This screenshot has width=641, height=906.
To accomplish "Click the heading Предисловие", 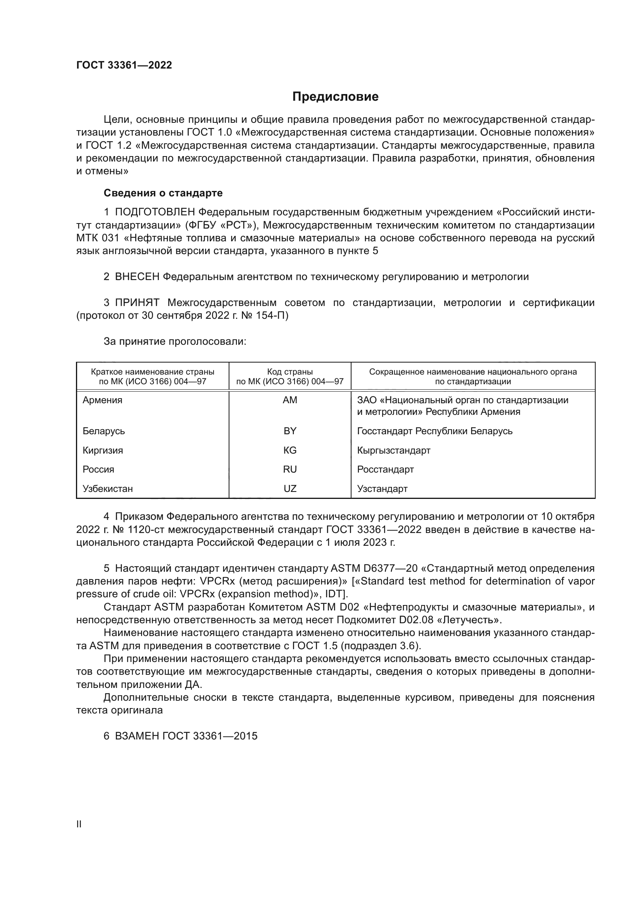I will [335, 97].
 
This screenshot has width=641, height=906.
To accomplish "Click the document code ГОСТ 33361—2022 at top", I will [124, 65].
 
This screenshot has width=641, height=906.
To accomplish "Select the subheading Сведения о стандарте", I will [163, 193].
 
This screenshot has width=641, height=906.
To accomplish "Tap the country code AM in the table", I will [290, 400].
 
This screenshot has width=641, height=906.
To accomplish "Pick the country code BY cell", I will [290, 431].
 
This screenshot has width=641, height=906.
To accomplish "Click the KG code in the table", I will [290, 450].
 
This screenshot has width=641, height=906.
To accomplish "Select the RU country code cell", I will [290, 469].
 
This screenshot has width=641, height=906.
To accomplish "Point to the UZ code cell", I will [290, 488].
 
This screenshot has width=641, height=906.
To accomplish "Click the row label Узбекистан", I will [107, 488].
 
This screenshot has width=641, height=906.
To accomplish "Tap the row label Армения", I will [102, 400].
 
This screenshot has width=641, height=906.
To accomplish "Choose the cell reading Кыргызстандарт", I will [393, 450].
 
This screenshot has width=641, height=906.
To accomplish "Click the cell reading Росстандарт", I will [385, 469].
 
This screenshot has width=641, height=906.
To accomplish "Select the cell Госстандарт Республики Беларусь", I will [434, 431].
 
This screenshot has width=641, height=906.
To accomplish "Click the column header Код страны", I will [290, 372].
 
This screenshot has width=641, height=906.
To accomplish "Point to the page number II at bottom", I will [79, 824].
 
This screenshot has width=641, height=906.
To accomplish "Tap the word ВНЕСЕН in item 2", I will [137, 277].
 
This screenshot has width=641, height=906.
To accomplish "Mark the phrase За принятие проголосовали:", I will [175, 341].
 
